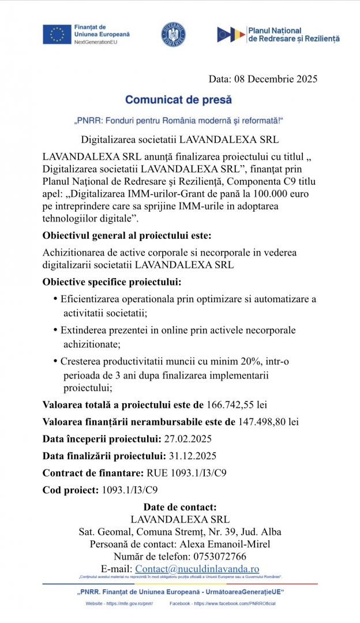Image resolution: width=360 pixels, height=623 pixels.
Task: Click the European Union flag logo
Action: [57, 35]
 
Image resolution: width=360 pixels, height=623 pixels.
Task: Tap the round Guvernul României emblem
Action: [173, 35]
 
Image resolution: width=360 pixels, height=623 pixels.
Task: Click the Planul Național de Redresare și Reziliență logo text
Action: [293, 34]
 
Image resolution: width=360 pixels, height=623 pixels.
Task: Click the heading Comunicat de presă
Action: [178, 100]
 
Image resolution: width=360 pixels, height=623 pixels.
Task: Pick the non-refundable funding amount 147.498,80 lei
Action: [268, 422]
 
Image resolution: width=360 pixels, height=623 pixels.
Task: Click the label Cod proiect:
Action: [70, 490]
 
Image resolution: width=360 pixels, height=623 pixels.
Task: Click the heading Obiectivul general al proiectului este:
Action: [127, 235]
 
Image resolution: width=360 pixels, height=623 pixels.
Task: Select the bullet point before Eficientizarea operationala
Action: [55, 299]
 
